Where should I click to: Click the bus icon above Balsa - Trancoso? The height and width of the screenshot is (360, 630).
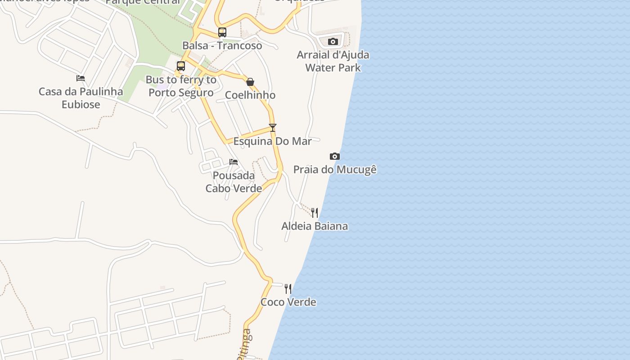point(222,32)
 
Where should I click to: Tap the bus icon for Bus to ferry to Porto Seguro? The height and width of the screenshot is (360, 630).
point(181,66)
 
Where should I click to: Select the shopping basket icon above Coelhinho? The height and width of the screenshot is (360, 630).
point(250,82)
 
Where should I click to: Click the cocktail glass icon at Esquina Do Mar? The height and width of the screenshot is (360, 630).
point(272,128)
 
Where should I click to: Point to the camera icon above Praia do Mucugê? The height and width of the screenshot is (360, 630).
point(335,156)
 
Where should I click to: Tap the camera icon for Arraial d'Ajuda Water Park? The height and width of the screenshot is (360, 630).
point(333,42)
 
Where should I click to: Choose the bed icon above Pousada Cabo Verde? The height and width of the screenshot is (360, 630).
point(234,162)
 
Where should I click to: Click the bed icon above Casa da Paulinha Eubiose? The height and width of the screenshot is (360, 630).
point(81,78)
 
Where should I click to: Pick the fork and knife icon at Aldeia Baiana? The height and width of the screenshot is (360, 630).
point(315,212)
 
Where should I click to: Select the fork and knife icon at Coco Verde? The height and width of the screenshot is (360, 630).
point(288,288)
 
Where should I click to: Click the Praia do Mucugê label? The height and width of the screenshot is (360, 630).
point(335,170)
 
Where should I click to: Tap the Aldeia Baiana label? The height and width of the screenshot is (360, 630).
point(315,226)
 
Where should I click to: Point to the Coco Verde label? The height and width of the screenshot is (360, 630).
point(288,302)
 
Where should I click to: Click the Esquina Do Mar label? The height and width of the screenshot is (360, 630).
point(272,141)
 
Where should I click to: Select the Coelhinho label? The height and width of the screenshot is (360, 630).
point(250,95)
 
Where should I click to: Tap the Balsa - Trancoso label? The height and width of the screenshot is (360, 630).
point(222,45)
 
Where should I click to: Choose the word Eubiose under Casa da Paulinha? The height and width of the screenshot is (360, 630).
point(81,104)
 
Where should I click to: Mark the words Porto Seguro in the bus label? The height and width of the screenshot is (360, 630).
point(181,93)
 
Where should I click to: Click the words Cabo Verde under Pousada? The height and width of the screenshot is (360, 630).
point(234,189)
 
